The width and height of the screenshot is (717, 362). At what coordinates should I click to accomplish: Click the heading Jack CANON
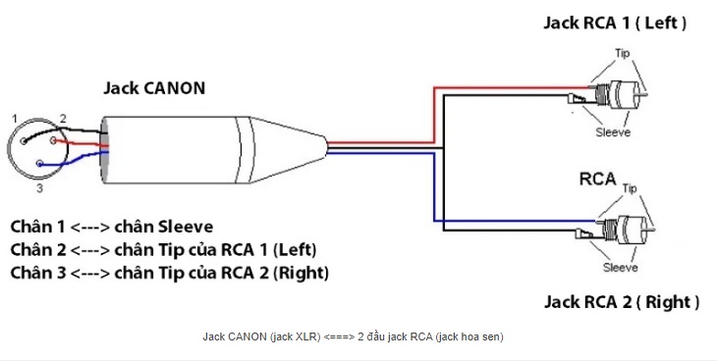click(x=154, y=88)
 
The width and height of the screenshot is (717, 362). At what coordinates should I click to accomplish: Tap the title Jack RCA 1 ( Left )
click(x=615, y=23)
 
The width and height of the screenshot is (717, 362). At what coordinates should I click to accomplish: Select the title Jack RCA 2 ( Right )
click(x=622, y=302)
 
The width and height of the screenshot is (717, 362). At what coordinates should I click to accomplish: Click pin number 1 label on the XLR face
click(x=15, y=119)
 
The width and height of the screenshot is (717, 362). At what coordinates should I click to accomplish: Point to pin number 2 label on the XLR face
click(x=63, y=119)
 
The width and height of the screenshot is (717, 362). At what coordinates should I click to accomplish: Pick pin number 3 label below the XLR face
click(x=40, y=188)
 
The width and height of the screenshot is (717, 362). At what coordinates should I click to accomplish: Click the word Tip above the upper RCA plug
click(x=623, y=53)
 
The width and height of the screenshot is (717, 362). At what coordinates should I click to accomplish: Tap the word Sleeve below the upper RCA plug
click(x=613, y=132)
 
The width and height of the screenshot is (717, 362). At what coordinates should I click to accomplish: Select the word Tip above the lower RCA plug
click(x=630, y=188)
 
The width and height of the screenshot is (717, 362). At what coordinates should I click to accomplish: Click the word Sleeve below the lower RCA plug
click(x=620, y=268)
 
